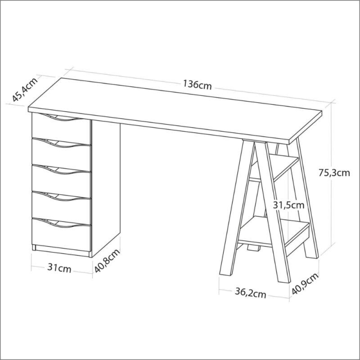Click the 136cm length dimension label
coord(197,85)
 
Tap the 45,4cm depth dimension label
coord(25,90)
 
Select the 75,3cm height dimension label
coord(334,173)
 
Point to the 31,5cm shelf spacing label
coord(288,205)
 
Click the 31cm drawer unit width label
coord(59,268)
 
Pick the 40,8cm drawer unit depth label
coord(107,261)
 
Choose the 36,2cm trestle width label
coord(250,293)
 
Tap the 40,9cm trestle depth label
coord(305,283)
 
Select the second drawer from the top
coord(62,154)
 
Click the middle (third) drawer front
coord(62,181)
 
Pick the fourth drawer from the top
coord(62,207)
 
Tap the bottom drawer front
coord(62,234)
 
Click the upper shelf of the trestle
coord(274,167)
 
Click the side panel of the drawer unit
coord(106,184)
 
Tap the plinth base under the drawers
coord(61,251)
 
